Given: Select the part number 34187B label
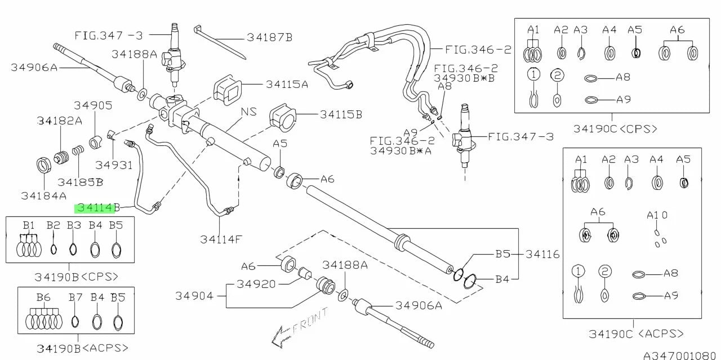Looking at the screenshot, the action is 269,38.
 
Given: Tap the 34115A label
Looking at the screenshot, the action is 287,85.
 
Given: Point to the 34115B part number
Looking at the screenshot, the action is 341,114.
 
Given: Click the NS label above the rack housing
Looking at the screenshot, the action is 249,112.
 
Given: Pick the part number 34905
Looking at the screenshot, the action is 93,105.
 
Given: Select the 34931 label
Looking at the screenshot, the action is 114,165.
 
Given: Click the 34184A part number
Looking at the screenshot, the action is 44,195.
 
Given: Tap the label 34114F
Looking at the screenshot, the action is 221,239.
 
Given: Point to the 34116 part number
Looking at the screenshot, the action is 542,255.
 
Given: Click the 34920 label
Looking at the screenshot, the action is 256,284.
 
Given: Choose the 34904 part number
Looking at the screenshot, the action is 194,296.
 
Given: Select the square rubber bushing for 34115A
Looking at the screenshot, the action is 228,90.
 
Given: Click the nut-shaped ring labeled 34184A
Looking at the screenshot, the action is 43,165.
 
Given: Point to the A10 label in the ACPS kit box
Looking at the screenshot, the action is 657,215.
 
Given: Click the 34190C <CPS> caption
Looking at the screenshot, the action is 615,129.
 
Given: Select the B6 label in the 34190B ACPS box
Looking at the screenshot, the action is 43,297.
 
